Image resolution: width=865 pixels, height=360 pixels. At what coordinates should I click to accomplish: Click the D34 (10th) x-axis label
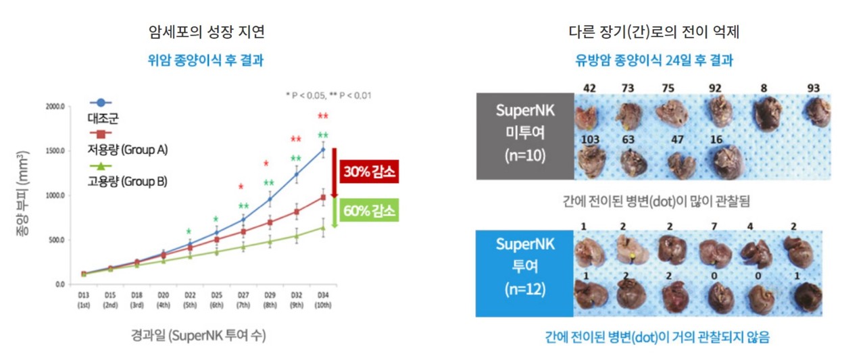(x=323, y=300)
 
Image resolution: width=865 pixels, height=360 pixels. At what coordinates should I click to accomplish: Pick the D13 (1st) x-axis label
(x=84, y=300)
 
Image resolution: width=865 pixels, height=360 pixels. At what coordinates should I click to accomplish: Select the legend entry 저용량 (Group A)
(x=128, y=150)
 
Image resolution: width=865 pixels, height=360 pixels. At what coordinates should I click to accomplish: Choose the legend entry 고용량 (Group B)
(x=128, y=181)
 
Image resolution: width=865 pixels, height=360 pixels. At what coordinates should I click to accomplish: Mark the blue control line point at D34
(x=323, y=149)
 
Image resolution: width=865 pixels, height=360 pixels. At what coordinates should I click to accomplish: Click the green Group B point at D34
(x=323, y=228)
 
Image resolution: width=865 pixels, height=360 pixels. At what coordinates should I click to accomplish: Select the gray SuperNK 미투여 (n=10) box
(x=525, y=136)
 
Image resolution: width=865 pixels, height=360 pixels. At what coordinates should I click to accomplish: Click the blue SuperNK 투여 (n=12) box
(x=524, y=273)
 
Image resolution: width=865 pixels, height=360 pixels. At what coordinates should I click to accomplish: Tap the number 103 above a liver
(x=591, y=139)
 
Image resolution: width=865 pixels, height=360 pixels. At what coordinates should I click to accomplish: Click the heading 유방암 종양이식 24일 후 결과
(x=653, y=60)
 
